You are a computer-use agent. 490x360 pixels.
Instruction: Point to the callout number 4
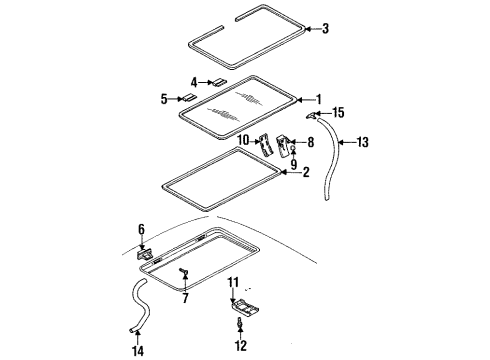pyautogui.click(x=195, y=81)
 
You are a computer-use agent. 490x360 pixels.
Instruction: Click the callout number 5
pyautogui.click(x=164, y=98)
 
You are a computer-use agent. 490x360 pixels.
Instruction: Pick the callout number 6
pyautogui.click(x=142, y=229)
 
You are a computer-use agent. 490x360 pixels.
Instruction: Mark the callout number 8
pyautogui.click(x=310, y=143)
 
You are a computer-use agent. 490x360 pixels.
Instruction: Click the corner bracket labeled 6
pyautogui.click(x=143, y=254)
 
